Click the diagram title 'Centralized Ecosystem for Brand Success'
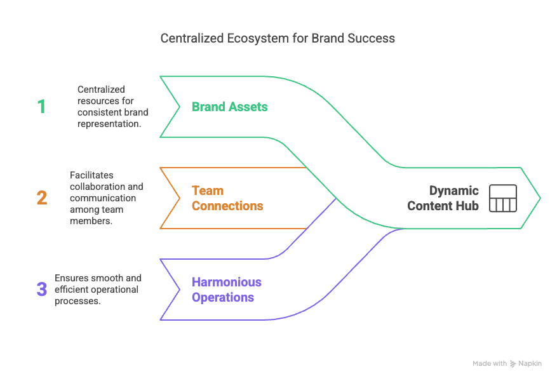pyautogui.click(x=278, y=39)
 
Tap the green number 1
pyautogui.click(x=41, y=107)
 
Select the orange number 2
pyautogui.click(x=41, y=198)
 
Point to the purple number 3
pyautogui.click(x=41, y=290)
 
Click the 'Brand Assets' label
pyautogui.click(x=229, y=107)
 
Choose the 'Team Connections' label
pyautogui.click(x=227, y=198)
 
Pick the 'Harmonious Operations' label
pyautogui.click(x=227, y=290)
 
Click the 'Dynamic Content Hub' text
pyautogui.click(x=443, y=198)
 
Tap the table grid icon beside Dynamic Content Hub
pyautogui.click(x=502, y=199)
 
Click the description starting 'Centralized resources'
pyautogui.click(x=112, y=107)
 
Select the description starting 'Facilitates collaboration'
pyautogui.click(x=106, y=198)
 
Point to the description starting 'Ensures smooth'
pyautogui.click(x=97, y=290)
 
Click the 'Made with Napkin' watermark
pyautogui.click(x=507, y=364)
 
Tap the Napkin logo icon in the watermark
pyautogui.click(x=513, y=364)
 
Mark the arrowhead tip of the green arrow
pyautogui.click(x=540, y=198)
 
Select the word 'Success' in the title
pyautogui.click(x=371, y=39)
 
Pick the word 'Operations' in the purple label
pyautogui.click(x=223, y=297)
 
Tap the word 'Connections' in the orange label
pyautogui.click(x=227, y=206)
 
